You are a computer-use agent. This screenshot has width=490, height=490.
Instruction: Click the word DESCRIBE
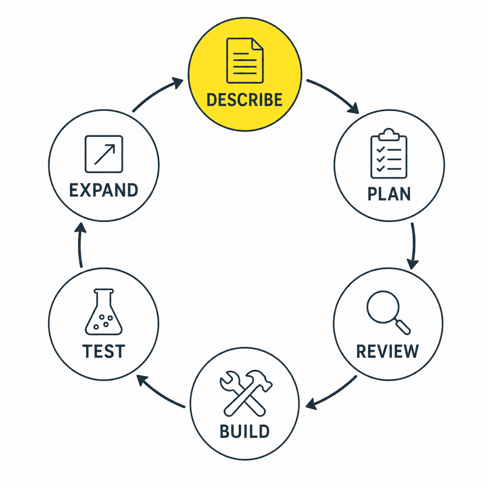[x=245, y=100]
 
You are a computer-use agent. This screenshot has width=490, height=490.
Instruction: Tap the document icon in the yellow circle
[x=245, y=61]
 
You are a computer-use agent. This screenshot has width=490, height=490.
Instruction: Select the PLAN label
[x=389, y=194]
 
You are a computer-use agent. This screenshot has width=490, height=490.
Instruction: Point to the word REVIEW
[x=388, y=351]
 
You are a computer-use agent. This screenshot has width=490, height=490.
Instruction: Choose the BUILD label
[x=245, y=431]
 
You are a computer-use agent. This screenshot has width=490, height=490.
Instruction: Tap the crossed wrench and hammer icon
[x=246, y=393]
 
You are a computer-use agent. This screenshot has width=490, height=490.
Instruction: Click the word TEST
[x=104, y=351]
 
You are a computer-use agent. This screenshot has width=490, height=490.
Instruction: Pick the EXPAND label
[x=103, y=190]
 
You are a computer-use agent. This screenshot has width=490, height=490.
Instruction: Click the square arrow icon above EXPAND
[x=104, y=154]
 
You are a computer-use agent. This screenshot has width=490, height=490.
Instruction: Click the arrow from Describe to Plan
[x=335, y=94]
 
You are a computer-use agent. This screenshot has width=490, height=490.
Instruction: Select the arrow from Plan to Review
[x=414, y=245]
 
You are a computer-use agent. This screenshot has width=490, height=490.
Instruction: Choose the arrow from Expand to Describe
[x=156, y=93]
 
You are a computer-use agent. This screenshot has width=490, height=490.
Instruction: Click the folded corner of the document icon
[x=257, y=44]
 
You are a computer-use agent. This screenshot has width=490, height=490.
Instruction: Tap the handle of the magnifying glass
[x=403, y=327]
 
